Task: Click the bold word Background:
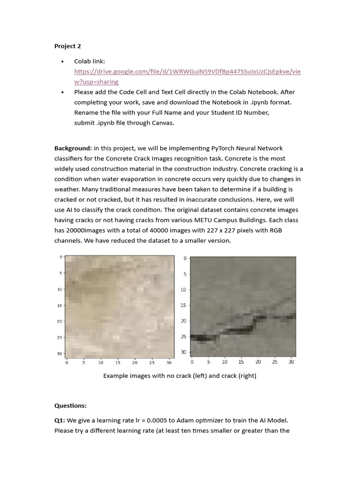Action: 73,148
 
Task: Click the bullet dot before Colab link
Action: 62,62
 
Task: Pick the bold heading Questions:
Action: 70,405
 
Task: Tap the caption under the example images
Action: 180,375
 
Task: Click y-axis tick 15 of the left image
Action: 60,305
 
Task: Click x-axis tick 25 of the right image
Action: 275,361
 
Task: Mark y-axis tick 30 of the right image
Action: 184,352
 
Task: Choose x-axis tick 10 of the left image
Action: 101,362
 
